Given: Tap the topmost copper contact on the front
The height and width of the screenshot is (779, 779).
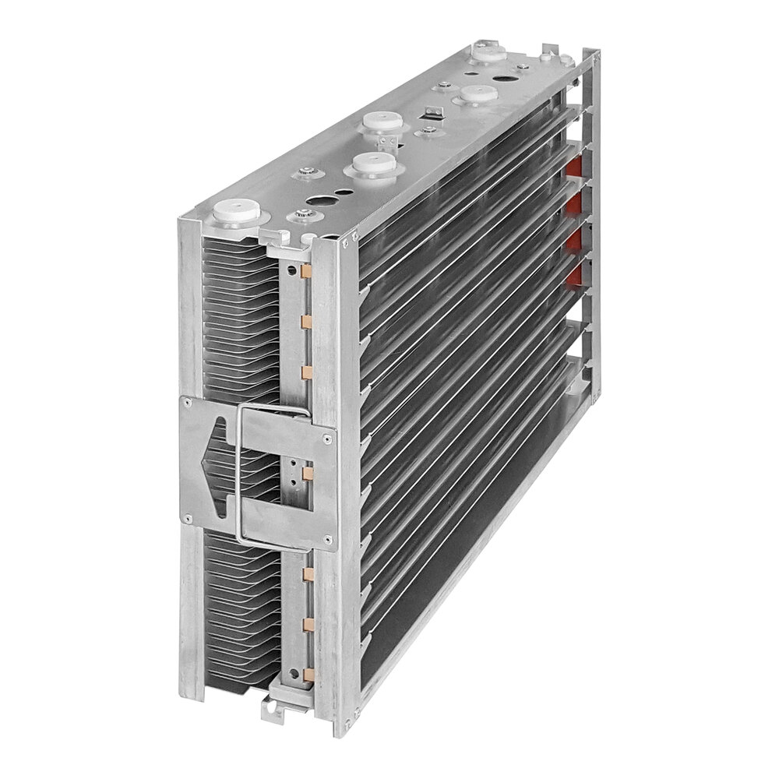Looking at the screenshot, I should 305,272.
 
